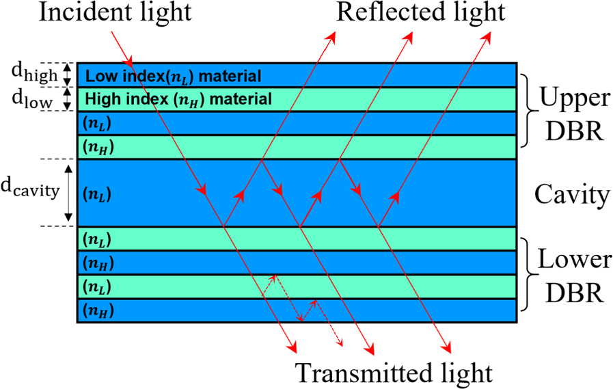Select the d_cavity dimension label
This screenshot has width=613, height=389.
pos(32,193)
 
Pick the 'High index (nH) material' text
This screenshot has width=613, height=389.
pos(178,99)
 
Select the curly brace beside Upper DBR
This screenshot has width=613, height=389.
pos(529,111)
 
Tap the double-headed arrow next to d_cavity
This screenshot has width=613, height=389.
pos(68,193)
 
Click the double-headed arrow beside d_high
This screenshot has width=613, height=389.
pos(68,74)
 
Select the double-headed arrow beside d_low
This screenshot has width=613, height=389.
pos(68,98)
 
